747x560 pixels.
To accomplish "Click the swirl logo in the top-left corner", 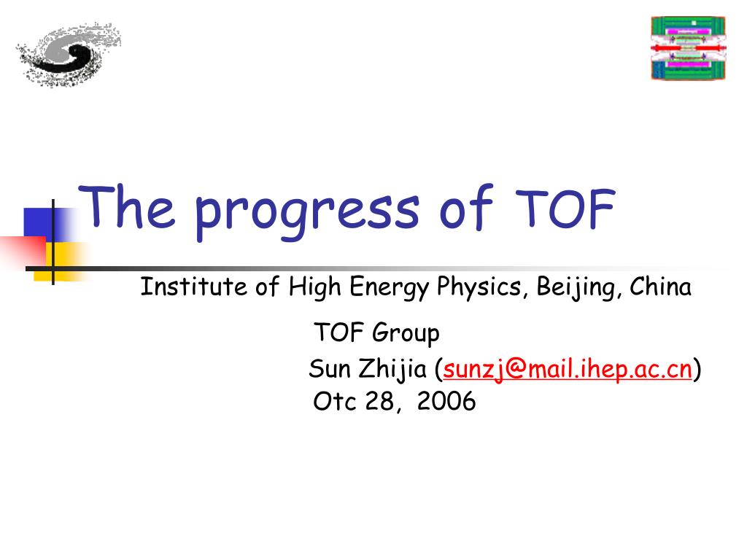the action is (69, 54).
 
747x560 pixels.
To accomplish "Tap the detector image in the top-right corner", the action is (689, 48).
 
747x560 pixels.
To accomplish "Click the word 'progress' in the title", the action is (307, 212).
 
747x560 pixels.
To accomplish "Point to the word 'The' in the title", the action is (127, 206).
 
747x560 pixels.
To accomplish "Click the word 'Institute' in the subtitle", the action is (193, 287).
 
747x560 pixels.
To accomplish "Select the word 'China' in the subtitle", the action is (660, 287).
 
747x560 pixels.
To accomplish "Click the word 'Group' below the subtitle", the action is (406, 332).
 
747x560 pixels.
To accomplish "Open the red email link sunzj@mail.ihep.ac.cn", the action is (567, 370).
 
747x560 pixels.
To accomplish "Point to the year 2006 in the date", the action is (446, 401).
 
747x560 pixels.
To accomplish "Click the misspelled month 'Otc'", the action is (334, 401).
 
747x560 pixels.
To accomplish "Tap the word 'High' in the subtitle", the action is (315, 287).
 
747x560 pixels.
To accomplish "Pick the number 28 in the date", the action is (379, 401).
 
